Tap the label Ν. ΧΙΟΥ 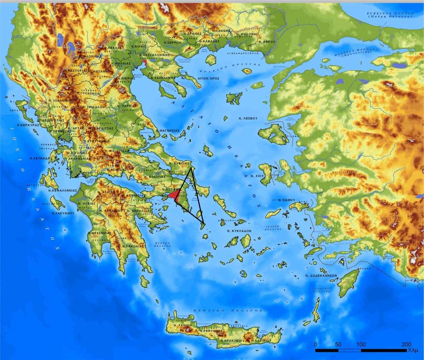coord(257,175)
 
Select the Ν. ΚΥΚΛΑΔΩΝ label coord(239,231)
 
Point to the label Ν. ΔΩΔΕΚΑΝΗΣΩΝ coord(321,275)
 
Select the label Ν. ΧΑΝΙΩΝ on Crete coord(182,325)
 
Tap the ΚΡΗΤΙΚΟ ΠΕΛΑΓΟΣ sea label coord(228,310)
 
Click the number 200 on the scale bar coord(406,344)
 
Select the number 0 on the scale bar coord(316,344)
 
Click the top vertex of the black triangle coord(190,168)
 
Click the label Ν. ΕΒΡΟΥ coord(267,42)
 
